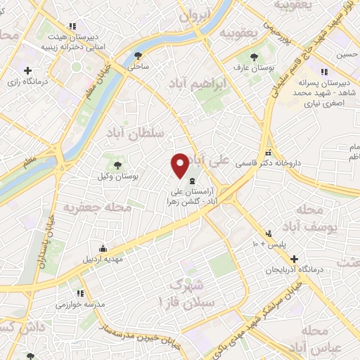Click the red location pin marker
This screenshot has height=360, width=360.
tap(180, 165)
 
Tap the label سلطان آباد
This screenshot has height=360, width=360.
tap(136, 132)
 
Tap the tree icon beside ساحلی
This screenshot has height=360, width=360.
tap(139, 56)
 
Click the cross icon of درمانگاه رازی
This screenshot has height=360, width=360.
tap(27, 70)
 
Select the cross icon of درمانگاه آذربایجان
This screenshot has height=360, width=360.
tap(295, 259)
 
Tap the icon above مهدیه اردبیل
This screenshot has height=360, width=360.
tap(103, 248)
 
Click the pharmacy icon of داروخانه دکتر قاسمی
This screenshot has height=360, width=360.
tap(267, 153)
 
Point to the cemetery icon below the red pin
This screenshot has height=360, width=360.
tap(193, 182)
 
